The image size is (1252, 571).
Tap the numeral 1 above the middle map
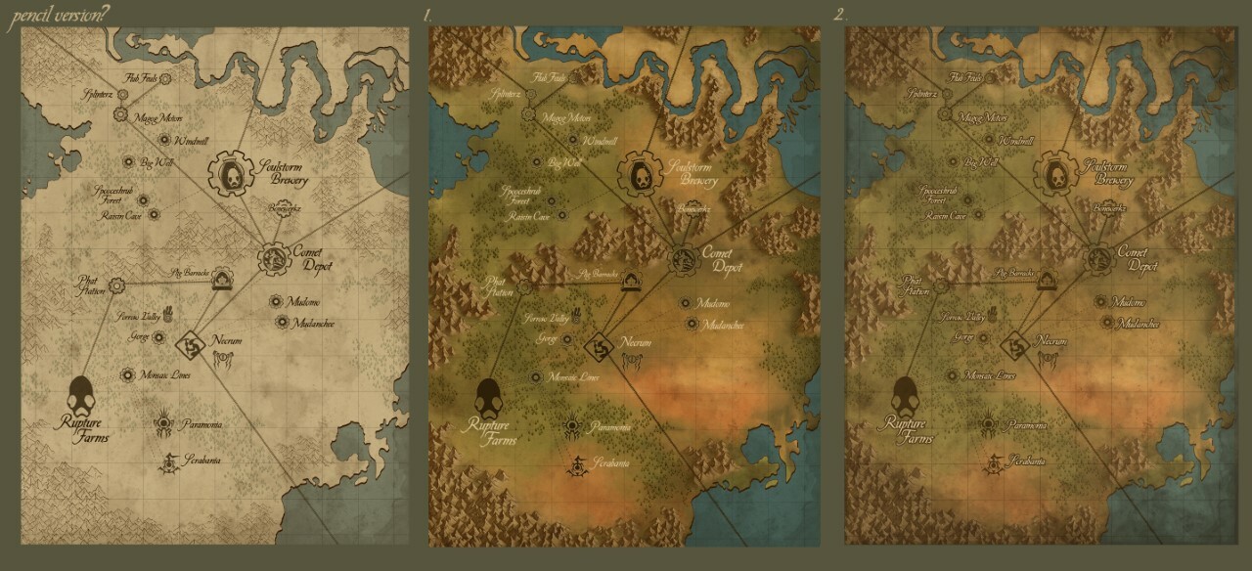click(428, 15)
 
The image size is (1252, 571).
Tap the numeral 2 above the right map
click(839, 15)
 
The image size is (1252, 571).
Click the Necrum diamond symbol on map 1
click(598, 346)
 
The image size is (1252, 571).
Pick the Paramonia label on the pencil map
click(200, 424)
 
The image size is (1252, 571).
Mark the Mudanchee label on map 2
click(1138, 324)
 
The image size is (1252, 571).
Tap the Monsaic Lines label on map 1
click(577, 376)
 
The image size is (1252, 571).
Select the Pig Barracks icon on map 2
click(1050, 281)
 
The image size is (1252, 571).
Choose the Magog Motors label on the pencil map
click(159, 118)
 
